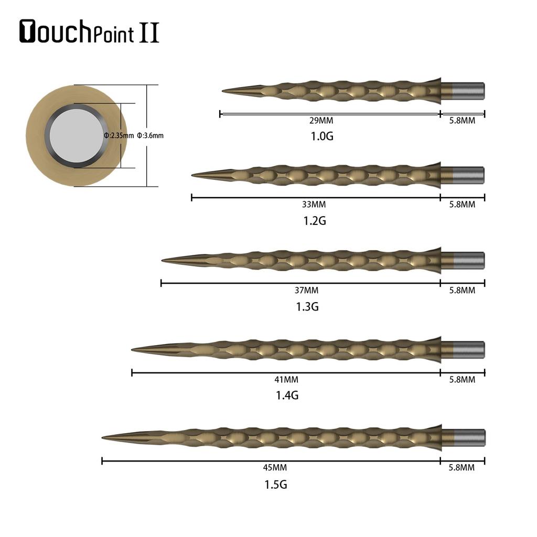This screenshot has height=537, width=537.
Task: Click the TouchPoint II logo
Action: point(89,32)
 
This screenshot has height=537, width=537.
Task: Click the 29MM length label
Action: point(321,121)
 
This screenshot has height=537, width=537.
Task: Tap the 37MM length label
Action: point(306,290)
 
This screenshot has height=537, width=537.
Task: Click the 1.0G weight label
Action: point(322,136)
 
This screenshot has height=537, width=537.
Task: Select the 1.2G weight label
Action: point(315,221)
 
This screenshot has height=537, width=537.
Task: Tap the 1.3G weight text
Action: point(307,307)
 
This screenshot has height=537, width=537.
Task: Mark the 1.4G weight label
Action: point(287,395)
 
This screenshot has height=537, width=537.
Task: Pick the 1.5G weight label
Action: point(275,485)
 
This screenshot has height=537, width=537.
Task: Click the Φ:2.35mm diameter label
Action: point(119,135)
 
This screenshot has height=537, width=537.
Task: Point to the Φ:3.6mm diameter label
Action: point(150,135)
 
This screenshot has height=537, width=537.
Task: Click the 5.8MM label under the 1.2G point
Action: point(462,205)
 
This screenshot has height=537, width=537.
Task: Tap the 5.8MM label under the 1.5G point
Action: point(462,467)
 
